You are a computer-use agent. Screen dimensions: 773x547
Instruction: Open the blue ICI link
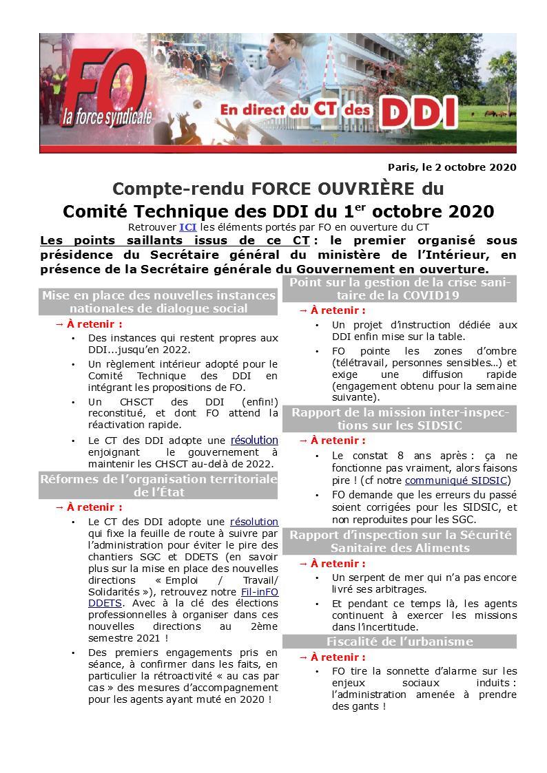click(x=188, y=227)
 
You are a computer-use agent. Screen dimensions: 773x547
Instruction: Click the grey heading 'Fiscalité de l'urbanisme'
click(x=400, y=642)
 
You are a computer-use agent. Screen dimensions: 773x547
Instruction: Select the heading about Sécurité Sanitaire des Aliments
click(x=400, y=541)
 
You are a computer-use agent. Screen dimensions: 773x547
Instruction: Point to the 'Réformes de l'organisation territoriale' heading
click(x=158, y=485)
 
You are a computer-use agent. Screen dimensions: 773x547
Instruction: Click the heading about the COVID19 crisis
click(x=400, y=289)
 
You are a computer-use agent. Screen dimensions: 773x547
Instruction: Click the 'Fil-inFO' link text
click(x=260, y=592)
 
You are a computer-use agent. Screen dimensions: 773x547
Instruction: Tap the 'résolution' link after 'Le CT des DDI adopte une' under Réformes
click(x=254, y=522)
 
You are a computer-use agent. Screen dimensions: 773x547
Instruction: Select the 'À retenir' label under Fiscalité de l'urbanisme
click(x=338, y=657)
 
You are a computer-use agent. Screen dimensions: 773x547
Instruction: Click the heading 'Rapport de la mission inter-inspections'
click(x=400, y=419)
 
